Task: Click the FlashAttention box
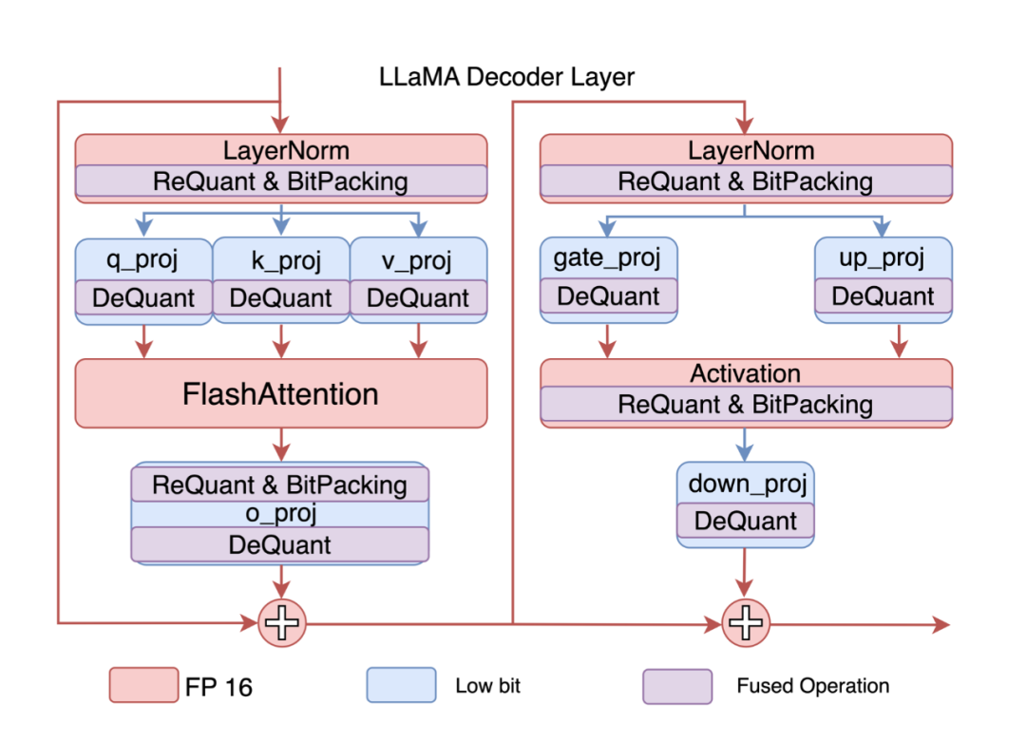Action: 280,393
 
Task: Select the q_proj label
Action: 142,259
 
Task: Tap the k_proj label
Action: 280,259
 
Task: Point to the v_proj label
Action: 418,259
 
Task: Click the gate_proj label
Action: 607,257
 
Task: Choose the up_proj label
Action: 883,257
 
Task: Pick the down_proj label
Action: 746,484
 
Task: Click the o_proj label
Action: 280,514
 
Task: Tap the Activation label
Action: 745,373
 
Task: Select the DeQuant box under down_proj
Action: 745,521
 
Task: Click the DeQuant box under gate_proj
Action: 608,296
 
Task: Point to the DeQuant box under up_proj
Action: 883,296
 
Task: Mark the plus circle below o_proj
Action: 281,623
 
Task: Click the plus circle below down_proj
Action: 746,623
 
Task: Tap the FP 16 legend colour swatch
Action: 142,685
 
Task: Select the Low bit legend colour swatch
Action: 401,685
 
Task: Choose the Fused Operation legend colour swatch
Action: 677,685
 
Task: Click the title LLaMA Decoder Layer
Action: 507,77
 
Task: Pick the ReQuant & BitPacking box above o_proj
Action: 280,485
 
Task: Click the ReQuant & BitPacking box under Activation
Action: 745,405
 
